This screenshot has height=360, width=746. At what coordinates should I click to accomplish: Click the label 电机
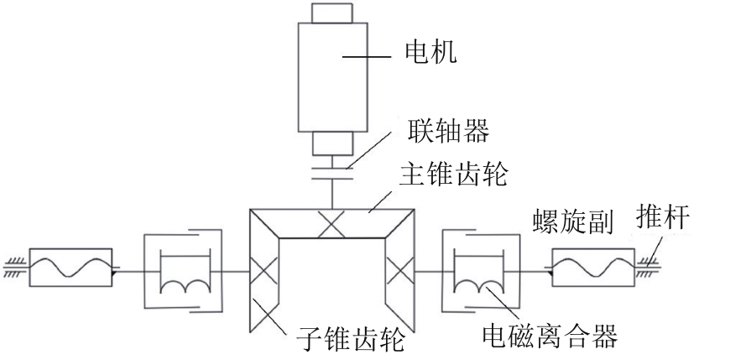[430, 52]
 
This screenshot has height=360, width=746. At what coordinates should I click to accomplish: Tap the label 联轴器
[448, 130]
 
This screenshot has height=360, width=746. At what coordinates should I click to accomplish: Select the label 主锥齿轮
[453, 174]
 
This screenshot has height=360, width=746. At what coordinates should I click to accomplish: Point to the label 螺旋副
[573, 222]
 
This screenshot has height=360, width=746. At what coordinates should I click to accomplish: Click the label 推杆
[663, 217]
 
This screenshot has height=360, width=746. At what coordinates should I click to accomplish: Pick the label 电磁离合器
[550, 336]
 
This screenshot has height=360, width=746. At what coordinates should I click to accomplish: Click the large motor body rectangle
[332, 77]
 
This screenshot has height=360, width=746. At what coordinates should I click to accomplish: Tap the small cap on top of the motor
[332, 13]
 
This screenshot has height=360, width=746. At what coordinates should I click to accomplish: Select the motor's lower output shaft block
[332, 143]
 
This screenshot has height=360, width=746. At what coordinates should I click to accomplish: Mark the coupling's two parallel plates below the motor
[332, 173]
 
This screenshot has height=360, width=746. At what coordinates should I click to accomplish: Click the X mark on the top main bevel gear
[331, 223]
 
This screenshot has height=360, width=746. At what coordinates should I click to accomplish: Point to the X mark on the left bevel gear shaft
[264, 272]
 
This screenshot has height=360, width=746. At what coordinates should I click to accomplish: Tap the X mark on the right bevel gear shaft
[400, 271]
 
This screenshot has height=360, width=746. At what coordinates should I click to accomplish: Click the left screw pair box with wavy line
[70, 267]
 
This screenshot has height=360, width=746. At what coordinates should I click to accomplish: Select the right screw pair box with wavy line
[593, 267]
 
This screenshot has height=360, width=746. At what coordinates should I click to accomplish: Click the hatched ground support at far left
[16, 267]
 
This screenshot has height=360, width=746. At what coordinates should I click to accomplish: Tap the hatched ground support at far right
[647, 267]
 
